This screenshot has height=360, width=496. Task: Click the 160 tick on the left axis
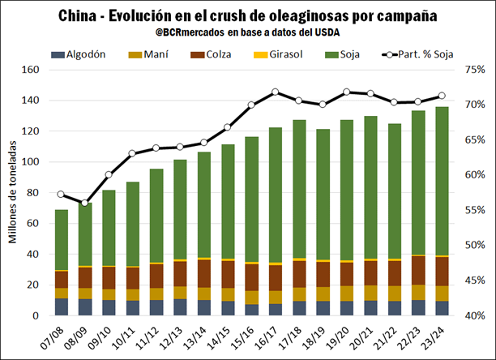(x=31, y=71)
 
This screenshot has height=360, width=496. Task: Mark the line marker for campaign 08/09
(x=85, y=203)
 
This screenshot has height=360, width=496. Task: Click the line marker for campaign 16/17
(x=275, y=92)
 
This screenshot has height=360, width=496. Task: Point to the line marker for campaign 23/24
(x=441, y=96)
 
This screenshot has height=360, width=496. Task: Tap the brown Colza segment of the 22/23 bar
(x=417, y=270)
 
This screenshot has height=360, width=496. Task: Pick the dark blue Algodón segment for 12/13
(x=180, y=307)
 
